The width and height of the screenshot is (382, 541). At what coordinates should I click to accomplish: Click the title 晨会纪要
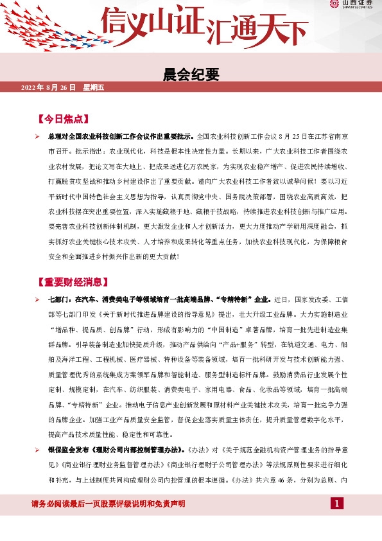coord(191,75)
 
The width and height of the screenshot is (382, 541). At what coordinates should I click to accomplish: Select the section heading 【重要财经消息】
coord(71,282)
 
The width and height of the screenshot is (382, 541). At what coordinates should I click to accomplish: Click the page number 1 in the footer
coord(337,502)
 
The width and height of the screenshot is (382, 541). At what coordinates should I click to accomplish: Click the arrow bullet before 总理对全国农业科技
coord(39,137)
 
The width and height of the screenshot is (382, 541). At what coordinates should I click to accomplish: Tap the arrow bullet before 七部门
coord(39,299)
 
